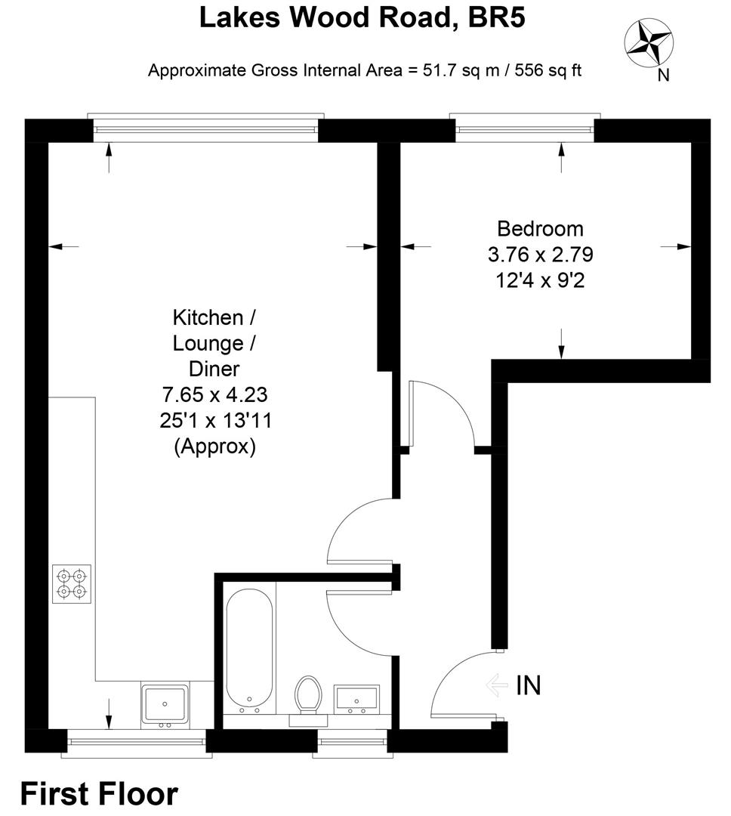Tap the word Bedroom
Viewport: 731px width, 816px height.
click(540, 228)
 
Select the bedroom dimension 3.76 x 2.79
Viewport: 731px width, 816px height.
click(540, 255)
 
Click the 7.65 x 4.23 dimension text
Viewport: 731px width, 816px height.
click(215, 394)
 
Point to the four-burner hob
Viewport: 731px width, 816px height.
click(72, 584)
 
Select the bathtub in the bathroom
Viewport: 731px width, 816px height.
click(248, 651)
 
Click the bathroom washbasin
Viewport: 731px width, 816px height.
click(354, 699)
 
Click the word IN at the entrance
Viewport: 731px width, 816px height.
click(528, 685)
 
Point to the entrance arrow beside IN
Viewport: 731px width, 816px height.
click(498, 685)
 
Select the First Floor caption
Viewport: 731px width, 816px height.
click(99, 794)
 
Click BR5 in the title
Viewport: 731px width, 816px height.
click(495, 17)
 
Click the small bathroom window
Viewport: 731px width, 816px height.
click(352, 742)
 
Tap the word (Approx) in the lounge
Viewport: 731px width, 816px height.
click(215, 447)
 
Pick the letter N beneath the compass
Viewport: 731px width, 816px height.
click(663, 74)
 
